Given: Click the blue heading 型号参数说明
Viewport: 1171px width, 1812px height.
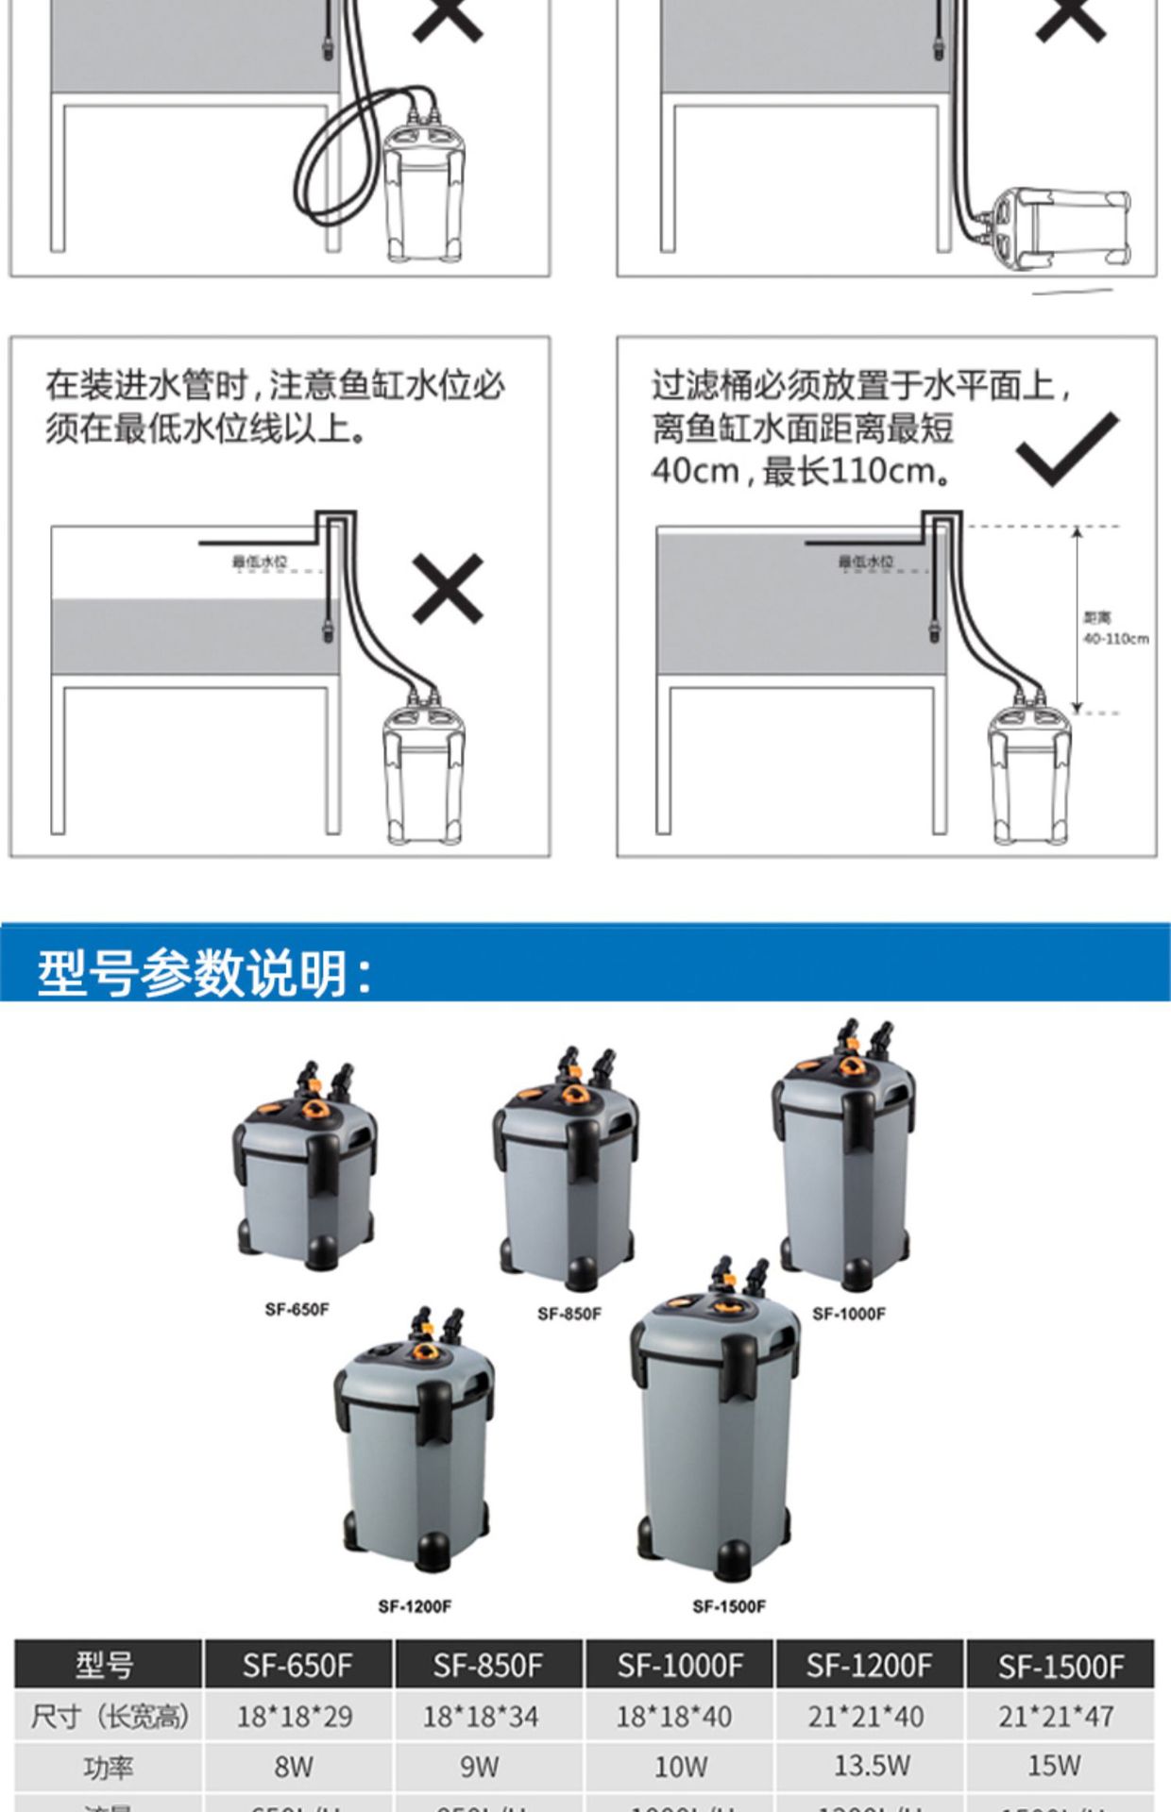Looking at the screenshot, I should pyautogui.click(x=203, y=973).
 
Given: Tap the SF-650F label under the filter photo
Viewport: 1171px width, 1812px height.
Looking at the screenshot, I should pyautogui.click(x=297, y=1309).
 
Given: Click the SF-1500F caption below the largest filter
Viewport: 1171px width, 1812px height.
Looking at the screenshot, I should pyautogui.click(x=729, y=1605).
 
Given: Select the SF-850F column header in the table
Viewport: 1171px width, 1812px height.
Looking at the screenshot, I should pyautogui.click(x=488, y=1666).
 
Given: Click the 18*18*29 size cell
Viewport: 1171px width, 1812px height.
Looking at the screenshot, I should pyautogui.click(x=295, y=1717).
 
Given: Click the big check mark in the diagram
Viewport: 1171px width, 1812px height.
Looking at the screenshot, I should pyautogui.click(x=1066, y=450).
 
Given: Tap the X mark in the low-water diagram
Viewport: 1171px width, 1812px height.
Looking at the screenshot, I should pyautogui.click(x=448, y=589).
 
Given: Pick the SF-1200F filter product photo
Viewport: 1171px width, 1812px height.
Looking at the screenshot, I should pyautogui.click(x=416, y=1444).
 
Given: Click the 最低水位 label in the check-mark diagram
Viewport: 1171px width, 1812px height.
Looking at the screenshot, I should pyautogui.click(x=866, y=562).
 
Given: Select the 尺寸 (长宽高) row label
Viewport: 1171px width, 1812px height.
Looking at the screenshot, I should pyautogui.click(x=108, y=1717).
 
